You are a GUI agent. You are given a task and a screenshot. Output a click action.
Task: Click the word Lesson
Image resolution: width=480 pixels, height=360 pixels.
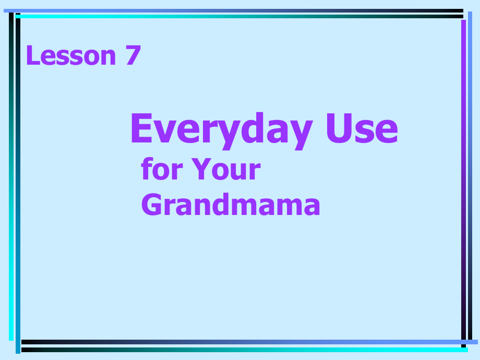click(71, 55)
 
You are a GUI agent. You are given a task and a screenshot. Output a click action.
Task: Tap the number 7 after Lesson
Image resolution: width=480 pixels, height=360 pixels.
click(134, 55)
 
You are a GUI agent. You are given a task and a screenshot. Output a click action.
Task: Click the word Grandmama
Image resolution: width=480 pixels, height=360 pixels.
click(231, 205)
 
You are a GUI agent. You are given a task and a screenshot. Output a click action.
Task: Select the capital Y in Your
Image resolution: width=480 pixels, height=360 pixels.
click(200, 170)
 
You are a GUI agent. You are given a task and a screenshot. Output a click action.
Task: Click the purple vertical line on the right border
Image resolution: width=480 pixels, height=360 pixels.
click(463, 177)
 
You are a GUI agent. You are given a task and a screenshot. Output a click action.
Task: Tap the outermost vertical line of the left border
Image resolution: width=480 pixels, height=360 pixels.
click(11, 177)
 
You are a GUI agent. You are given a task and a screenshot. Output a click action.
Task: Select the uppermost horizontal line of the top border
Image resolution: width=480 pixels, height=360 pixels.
click(235, 10)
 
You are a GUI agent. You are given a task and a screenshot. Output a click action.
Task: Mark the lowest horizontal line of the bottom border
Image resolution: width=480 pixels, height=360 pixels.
click(245, 350)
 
